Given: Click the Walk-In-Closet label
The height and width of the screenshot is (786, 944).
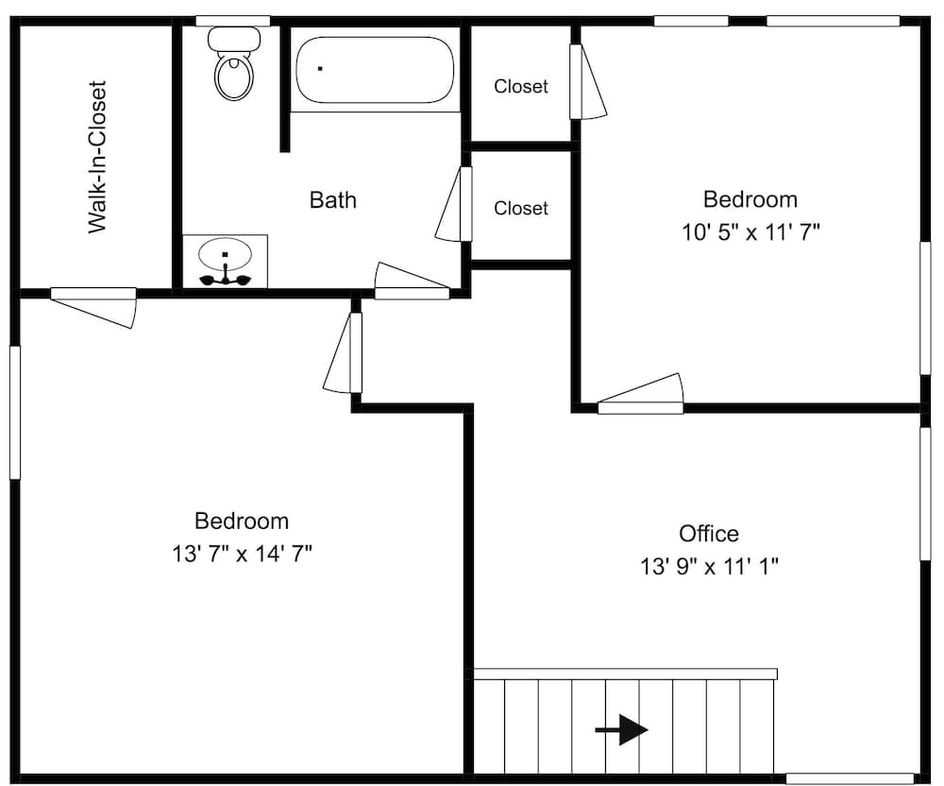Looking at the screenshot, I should [x=96, y=157].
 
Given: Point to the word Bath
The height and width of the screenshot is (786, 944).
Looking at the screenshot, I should [x=333, y=200].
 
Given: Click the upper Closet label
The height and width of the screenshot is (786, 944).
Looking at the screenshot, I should [x=521, y=87].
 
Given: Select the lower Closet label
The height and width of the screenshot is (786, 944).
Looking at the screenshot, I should [x=521, y=208].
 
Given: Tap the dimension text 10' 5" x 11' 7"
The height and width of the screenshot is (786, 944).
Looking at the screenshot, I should [x=750, y=232].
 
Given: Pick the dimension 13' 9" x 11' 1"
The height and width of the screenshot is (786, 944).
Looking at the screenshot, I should [x=709, y=566].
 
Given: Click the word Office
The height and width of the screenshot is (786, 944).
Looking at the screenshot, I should [x=709, y=534].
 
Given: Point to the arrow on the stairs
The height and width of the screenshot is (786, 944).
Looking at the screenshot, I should [x=621, y=730].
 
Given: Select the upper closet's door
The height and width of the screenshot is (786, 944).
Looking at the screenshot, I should [x=588, y=82].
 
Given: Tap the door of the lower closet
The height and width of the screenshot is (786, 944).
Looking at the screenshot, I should [x=454, y=205].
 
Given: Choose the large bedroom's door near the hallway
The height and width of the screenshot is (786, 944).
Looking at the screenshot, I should [x=343, y=353].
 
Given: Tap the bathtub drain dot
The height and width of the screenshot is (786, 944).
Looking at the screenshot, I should [x=320, y=68].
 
